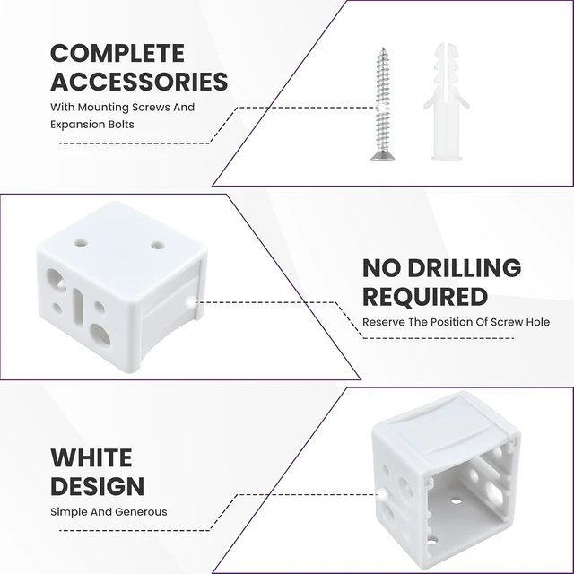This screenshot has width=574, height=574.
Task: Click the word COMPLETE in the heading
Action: pos(117,54)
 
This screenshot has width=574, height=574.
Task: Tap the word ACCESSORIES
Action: pos(139,82)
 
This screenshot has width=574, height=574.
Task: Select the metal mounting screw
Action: pos(383,104)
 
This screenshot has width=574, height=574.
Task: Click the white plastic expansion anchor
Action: pos(447,101)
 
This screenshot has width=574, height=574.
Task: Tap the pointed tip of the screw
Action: pos(383,48)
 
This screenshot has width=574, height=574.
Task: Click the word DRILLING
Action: pos(465,267)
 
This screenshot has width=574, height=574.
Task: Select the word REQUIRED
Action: pos(425,296)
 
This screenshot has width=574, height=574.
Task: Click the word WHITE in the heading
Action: pos(91,457)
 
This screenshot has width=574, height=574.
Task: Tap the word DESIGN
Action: pos(98,486)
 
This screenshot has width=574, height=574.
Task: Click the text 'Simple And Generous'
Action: pos(109,511)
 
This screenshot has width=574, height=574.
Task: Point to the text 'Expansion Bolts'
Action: pos(92,125)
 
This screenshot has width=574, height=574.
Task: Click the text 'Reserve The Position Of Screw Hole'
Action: pos(457,322)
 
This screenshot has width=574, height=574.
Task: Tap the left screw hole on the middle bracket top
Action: pos(81,242)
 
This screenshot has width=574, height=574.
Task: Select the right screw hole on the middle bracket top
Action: pos(158,245)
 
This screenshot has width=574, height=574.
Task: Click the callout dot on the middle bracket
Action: pos(191,302)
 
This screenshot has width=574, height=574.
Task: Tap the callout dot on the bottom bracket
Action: pos(382,495)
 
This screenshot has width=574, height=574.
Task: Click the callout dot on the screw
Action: pos(382,108)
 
